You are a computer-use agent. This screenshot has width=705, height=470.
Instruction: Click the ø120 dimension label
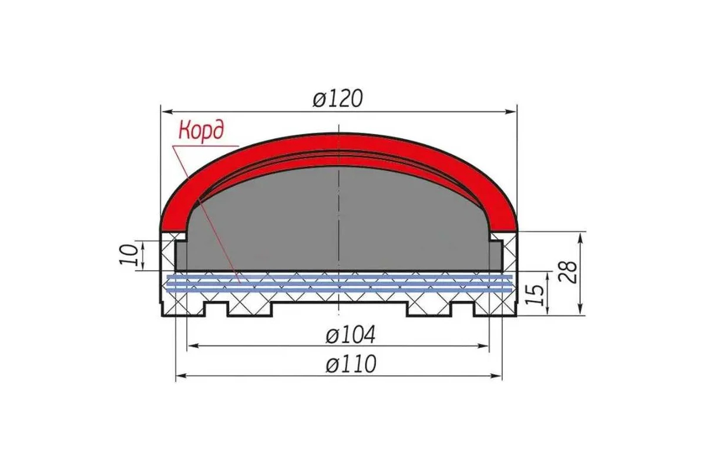click(338, 99)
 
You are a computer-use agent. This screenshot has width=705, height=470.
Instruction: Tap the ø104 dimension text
click(350, 334)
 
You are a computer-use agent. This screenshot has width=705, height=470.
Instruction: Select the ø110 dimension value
click(351, 364)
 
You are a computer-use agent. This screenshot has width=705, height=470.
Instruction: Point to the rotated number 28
click(568, 273)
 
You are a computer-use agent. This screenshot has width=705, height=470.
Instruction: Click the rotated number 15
click(535, 295)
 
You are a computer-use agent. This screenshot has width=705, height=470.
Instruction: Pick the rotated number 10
click(129, 254)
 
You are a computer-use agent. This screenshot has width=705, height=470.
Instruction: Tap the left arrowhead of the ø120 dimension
click(166, 112)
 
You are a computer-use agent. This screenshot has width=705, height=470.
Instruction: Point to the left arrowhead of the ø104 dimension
click(193, 346)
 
